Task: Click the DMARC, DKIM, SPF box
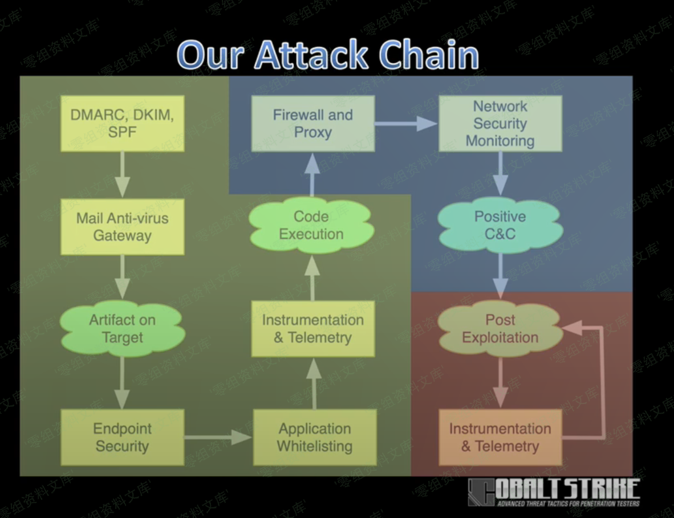[122, 123]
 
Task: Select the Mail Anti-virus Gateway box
[122, 227]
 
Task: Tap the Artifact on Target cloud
[122, 329]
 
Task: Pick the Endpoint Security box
[122, 437]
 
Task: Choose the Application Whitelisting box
[314, 437]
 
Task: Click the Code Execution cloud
[311, 225]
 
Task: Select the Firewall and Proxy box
[313, 123]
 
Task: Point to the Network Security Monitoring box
[500, 123]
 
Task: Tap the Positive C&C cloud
[500, 225]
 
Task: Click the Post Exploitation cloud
[500, 329]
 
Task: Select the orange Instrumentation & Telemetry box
[500, 437]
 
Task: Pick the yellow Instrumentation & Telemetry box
[313, 329]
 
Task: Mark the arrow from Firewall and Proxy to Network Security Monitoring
[406, 123]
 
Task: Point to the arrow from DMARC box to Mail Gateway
[122, 174]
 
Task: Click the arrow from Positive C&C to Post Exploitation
[500, 275]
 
